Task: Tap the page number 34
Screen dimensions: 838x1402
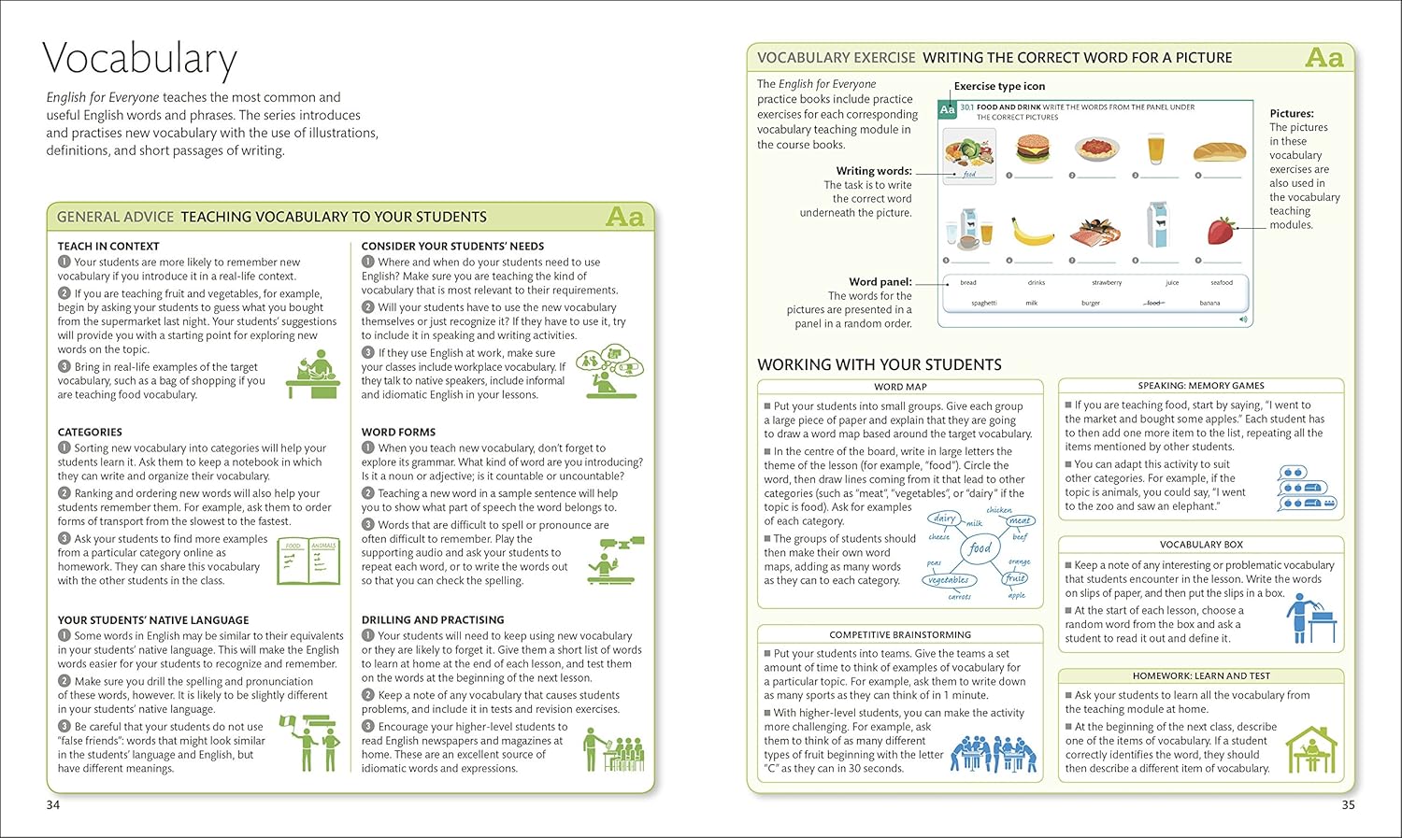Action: click(x=53, y=804)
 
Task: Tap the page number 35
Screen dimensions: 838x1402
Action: click(x=1348, y=804)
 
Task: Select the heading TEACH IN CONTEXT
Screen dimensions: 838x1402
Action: click(x=108, y=246)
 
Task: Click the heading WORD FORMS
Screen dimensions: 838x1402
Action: click(x=398, y=432)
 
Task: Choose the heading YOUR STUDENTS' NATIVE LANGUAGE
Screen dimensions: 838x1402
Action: click(x=153, y=619)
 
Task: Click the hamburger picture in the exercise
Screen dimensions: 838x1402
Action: click(x=1033, y=149)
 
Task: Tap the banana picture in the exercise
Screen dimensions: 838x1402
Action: click(x=1033, y=230)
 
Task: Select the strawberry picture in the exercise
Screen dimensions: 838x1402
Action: click(x=1221, y=229)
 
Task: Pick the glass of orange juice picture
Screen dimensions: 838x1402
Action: click(x=1156, y=149)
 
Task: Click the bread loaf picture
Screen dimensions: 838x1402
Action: click(x=1219, y=150)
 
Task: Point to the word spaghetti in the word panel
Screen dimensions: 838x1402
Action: click(x=983, y=303)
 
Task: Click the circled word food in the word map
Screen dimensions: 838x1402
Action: click(x=980, y=548)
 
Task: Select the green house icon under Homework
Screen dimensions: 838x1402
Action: click(x=1310, y=748)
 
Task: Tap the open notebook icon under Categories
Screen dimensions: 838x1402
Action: click(x=308, y=561)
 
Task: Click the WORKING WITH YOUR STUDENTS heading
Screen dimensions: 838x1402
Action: click(x=879, y=364)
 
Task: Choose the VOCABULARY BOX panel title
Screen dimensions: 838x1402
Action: click(x=1201, y=544)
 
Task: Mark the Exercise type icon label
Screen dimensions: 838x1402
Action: click(x=999, y=86)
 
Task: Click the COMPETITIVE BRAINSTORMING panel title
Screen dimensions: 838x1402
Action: click(x=900, y=634)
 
